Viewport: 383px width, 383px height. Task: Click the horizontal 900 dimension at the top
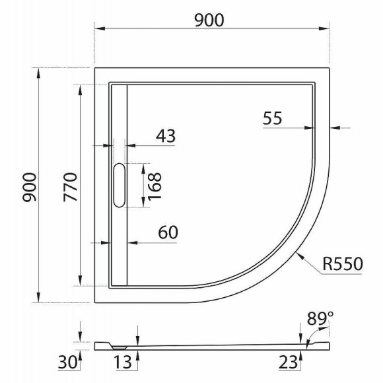coord(209,20)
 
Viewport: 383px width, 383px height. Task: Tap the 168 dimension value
coord(155,186)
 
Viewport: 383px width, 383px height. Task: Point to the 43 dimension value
coord(165,135)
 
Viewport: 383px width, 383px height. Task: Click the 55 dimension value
coord(272,118)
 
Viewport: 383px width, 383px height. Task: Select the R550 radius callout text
coord(343,265)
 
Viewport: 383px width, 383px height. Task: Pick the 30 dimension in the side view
coord(67,361)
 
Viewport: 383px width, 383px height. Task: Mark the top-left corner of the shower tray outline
coord(95,67)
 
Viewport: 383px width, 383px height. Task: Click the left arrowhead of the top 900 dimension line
coord(98,29)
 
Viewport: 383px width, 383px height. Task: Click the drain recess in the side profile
coord(119,345)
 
